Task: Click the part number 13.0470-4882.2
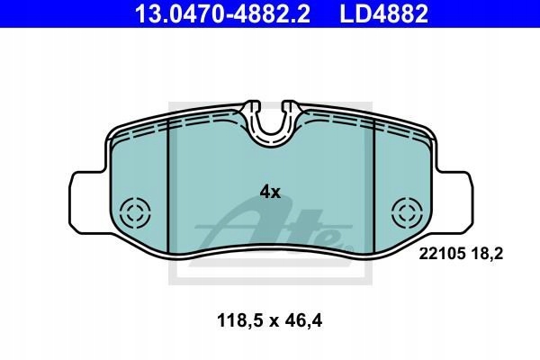click(x=222, y=13)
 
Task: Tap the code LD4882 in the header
click(x=384, y=13)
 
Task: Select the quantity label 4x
click(x=270, y=192)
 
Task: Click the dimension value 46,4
click(x=303, y=321)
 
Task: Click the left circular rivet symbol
click(x=135, y=212)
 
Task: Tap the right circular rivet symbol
click(x=408, y=212)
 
